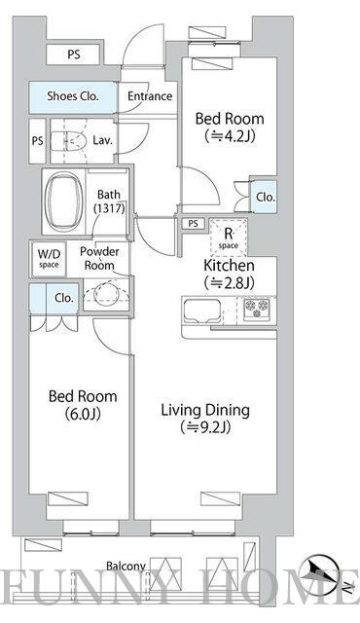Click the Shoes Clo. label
[73, 96]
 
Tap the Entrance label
[150, 96]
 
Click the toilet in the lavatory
[68, 140]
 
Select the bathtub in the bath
[64, 202]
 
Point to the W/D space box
[49, 258]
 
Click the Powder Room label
[99, 258]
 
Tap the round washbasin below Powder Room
[107, 294]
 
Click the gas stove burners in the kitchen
[257, 308]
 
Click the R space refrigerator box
[229, 238]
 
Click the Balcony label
[126, 567]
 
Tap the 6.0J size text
[83, 414]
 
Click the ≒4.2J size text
[230, 136]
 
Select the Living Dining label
[205, 411]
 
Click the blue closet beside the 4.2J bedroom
[264, 197]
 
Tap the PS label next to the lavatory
[37, 141]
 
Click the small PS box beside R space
[193, 224]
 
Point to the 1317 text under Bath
[109, 207]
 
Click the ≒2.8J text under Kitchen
[230, 282]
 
